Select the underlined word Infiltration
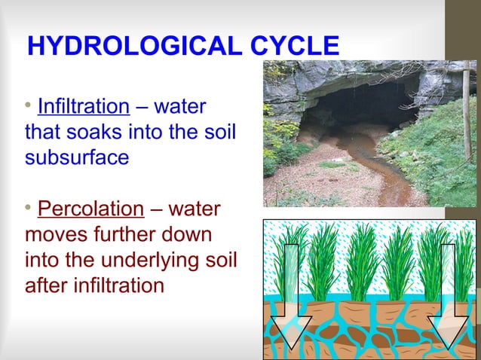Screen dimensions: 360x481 pos(83,105)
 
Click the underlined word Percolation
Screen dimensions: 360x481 pos(90,209)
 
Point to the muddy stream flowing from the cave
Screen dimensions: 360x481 pos(377,173)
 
